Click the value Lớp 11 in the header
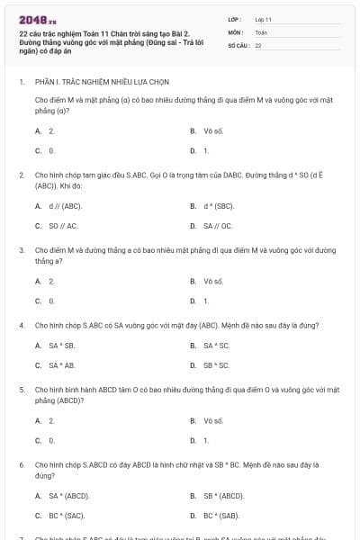tap(263, 18)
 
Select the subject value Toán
tap(261, 31)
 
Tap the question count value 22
tap(257, 44)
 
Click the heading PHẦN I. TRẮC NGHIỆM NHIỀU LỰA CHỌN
tap(90, 81)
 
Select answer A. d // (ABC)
tap(58, 205)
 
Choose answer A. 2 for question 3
tap(45, 281)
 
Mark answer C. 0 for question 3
tap(45, 301)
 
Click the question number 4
tap(22, 324)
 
